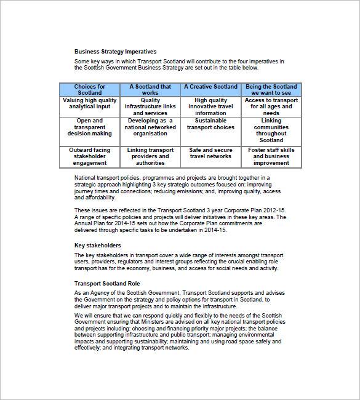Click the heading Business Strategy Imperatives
tap(115, 52)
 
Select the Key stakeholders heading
tap(97, 245)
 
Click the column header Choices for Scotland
tap(90, 90)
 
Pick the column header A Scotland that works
tap(150, 90)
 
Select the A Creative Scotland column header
tap(210, 87)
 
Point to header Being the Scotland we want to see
tap(271, 90)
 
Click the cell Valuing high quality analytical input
tap(90, 103)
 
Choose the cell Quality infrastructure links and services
tap(150, 106)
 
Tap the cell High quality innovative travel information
tap(210, 106)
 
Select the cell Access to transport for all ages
tap(271, 106)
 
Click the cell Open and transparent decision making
tap(90, 127)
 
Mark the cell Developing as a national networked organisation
tap(150, 127)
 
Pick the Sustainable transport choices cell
tap(210, 124)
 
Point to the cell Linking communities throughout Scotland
tap(271, 130)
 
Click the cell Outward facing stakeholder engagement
tap(90, 157)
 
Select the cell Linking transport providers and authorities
tap(150, 157)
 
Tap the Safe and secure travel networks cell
tap(210, 153)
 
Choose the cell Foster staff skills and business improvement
tap(271, 157)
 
